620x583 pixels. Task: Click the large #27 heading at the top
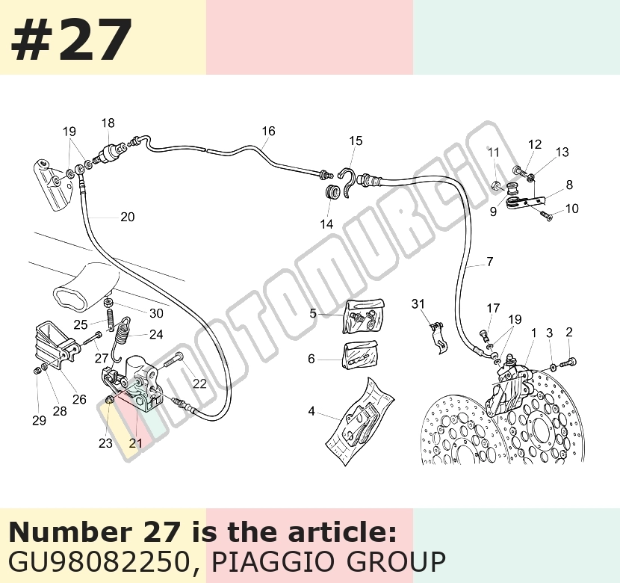pyautogui.click(x=71, y=40)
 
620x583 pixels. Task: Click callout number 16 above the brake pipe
pyautogui.click(x=268, y=131)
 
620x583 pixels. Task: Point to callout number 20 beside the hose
pyautogui.click(x=127, y=217)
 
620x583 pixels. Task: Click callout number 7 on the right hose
pyautogui.click(x=490, y=262)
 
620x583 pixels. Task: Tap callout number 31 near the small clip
pyautogui.click(x=418, y=303)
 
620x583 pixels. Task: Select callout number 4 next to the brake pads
pyautogui.click(x=311, y=411)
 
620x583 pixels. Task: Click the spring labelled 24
pyautogui.click(x=122, y=337)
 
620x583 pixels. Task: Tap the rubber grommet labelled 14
pyautogui.click(x=332, y=192)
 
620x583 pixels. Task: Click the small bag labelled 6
pyautogui.click(x=360, y=355)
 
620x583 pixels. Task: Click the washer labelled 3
pyautogui.click(x=554, y=368)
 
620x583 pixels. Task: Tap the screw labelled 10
pyautogui.click(x=545, y=215)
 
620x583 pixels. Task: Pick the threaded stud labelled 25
pyautogui.click(x=111, y=319)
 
